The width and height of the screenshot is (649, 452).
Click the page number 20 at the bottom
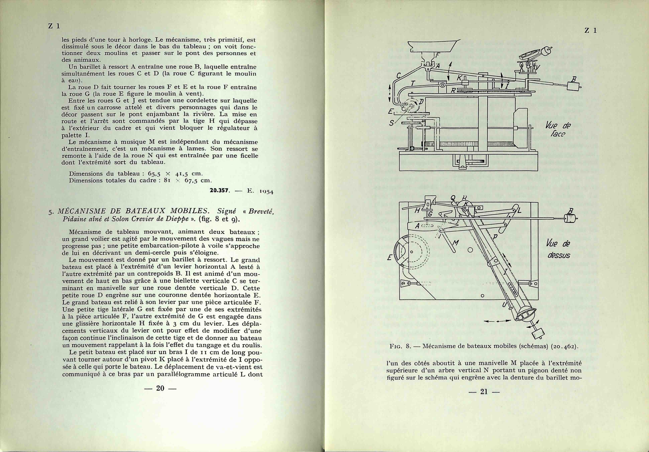tap(160, 388)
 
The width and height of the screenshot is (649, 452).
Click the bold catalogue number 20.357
tap(220, 191)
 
